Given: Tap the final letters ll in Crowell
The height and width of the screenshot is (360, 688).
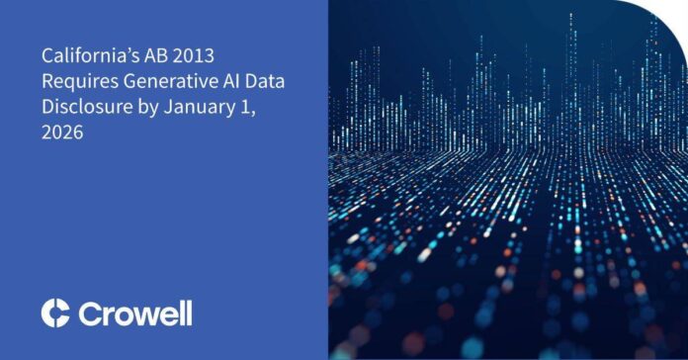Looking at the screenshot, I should [x=185, y=313].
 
